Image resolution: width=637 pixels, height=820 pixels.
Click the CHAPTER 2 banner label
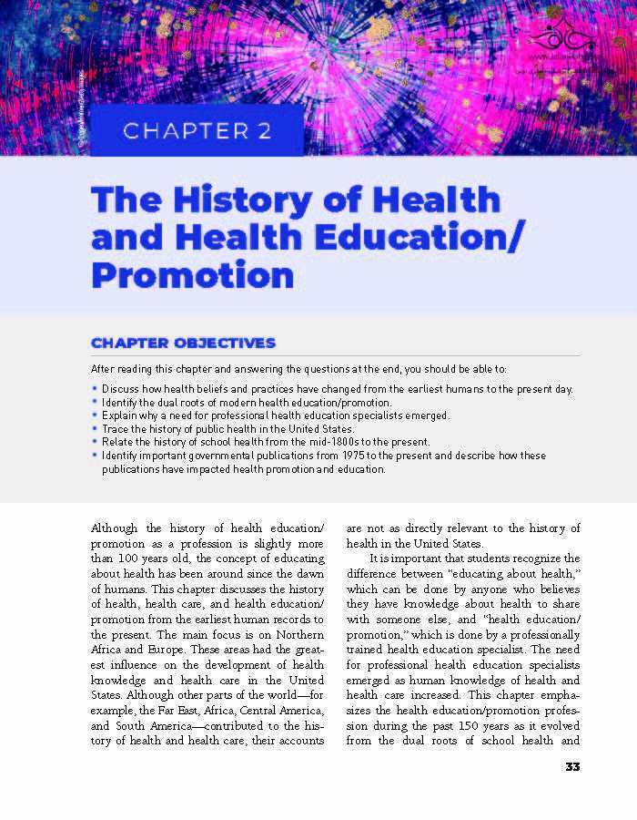(x=197, y=130)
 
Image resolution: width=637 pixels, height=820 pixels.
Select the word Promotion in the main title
(x=192, y=274)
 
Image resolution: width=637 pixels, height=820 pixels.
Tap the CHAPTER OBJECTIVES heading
(x=182, y=343)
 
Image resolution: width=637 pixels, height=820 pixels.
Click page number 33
(x=572, y=766)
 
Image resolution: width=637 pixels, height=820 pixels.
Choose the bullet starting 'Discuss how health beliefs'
(x=337, y=389)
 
